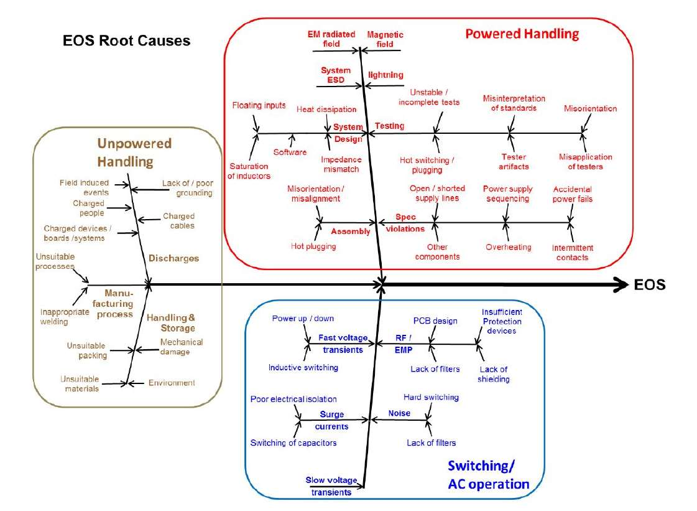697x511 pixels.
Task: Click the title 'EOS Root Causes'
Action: click(126, 42)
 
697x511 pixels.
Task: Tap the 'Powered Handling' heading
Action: click(522, 34)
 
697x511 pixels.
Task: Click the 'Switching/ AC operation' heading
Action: click(489, 475)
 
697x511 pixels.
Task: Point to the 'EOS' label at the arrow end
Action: click(650, 285)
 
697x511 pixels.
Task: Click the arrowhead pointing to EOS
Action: click(619, 284)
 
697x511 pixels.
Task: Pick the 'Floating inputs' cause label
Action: click(259, 106)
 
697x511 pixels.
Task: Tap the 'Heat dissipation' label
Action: click(326, 110)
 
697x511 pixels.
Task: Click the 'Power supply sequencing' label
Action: click(506, 194)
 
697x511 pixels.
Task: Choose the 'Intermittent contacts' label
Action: click(573, 253)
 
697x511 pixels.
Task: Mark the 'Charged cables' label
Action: click(178, 221)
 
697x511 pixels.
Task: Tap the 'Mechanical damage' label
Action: click(181, 347)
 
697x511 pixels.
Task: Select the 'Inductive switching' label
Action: click(303, 367)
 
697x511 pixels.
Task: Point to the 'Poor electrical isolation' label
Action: click(293, 399)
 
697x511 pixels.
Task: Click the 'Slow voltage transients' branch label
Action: click(331, 486)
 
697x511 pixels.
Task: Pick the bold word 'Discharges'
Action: click(173, 258)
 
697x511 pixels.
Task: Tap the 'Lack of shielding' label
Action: click(494, 374)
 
